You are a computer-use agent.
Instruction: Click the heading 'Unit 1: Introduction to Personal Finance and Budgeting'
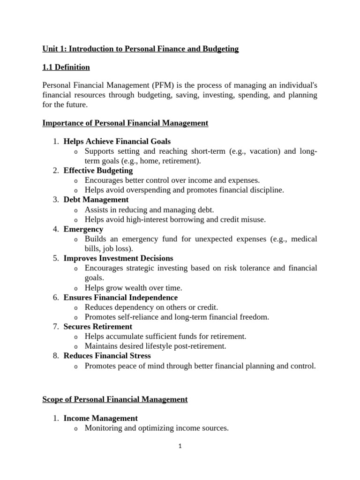click(x=140, y=49)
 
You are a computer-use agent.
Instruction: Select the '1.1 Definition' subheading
click(x=66, y=67)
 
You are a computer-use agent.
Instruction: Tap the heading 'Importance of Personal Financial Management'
click(x=125, y=123)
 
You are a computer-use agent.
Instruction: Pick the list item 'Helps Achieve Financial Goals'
click(x=117, y=141)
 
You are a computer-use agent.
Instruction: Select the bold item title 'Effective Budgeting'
click(x=98, y=171)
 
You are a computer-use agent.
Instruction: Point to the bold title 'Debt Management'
click(x=96, y=200)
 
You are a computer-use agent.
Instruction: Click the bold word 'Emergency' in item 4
click(x=83, y=229)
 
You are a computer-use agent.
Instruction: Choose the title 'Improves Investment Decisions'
click(x=118, y=258)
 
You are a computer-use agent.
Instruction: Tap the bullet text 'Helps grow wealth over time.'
click(x=133, y=288)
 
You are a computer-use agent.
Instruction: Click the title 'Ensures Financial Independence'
click(x=120, y=298)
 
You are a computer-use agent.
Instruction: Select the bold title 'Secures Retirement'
click(x=97, y=327)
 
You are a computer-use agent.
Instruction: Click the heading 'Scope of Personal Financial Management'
click(x=115, y=400)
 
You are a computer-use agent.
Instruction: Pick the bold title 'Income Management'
click(x=100, y=418)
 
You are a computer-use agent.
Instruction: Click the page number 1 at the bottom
click(x=180, y=446)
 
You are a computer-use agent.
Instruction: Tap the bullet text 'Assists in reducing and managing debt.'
click(x=149, y=210)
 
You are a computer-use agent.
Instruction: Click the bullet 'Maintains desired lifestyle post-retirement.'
click(x=155, y=346)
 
